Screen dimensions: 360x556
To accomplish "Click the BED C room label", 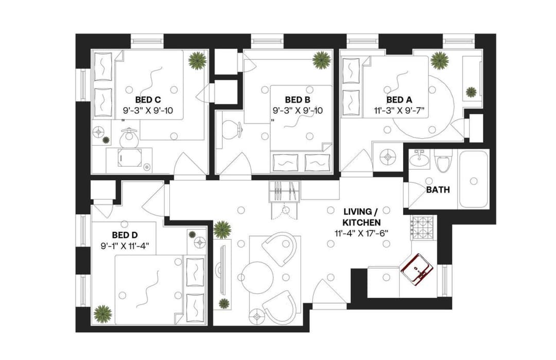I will tap(148, 99).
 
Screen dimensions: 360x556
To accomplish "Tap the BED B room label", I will tap(298, 99).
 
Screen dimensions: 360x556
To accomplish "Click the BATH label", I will tap(438, 190).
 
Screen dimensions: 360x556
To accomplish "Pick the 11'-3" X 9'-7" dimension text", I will tap(399, 110).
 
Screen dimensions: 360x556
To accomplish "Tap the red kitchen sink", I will tap(417, 269).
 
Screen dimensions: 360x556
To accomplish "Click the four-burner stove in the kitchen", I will tap(422, 225).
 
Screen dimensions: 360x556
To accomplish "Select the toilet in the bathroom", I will tap(443, 162).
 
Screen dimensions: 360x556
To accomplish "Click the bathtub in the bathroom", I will tap(473, 179).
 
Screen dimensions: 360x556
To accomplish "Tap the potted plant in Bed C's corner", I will tap(197, 61).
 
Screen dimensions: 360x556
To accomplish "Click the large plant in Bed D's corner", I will tap(103, 314).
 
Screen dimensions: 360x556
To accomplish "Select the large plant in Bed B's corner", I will tap(321, 60).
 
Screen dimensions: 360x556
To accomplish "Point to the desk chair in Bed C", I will tap(129, 138).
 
